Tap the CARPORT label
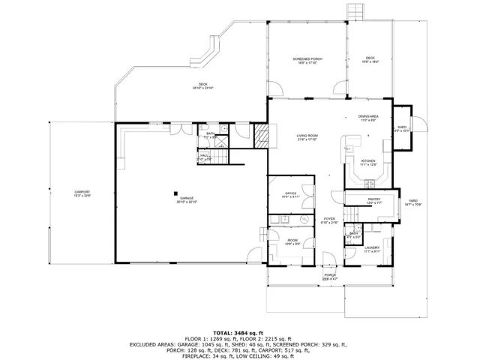(82, 193)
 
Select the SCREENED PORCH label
(306, 60)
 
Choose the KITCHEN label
(367, 162)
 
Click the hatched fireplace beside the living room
(260, 136)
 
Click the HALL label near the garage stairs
(204, 157)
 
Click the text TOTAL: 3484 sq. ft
(239, 331)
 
